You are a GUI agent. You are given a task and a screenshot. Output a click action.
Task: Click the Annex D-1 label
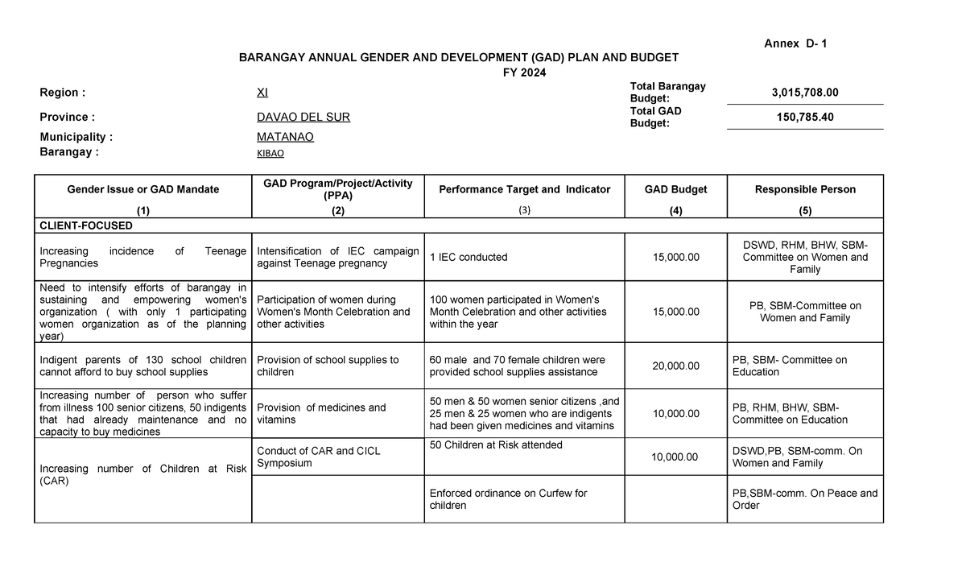(x=795, y=43)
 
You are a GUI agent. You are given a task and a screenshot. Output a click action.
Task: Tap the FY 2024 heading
(x=522, y=72)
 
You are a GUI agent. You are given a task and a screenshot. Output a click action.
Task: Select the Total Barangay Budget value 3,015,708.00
(x=804, y=93)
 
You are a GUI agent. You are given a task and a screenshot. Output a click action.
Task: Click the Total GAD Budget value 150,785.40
(x=804, y=118)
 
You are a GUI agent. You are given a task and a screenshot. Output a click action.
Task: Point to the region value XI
(x=262, y=93)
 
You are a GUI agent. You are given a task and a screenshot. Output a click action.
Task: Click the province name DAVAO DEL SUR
(x=303, y=118)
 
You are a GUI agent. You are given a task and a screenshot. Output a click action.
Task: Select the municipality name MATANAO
(x=285, y=137)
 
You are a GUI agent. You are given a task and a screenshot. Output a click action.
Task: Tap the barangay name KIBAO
(x=270, y=153)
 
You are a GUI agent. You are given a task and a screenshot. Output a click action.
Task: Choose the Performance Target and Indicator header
(x=524, y=189)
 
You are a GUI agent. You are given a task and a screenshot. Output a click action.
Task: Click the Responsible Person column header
(x=804, y=189)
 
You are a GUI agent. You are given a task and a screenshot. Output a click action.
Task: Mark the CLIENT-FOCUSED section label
(x=86, y=225)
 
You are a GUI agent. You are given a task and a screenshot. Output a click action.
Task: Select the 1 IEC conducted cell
(x=469, y=258)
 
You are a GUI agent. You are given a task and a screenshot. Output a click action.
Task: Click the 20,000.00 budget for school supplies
(x=675, y=366)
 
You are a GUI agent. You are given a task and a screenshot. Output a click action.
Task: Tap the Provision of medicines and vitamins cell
(x=321, y=414)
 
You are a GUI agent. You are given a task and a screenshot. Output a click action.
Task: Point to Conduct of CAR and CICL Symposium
(x=318, y=457)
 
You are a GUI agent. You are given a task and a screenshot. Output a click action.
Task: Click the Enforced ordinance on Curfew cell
(x=508, y=499)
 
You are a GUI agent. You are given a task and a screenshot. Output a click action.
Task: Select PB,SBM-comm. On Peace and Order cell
(x=804, y=499)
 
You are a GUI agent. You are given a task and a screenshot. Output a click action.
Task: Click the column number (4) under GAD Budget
(x=675, y=210)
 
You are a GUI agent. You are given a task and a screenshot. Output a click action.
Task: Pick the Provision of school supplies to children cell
(x=327, y=366)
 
